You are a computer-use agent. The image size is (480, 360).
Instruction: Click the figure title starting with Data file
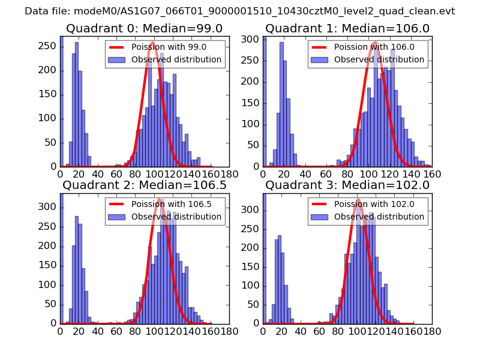pyautogui.click(x=240, y=11)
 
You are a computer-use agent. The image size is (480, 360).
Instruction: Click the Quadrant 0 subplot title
pyautogui.click(x=145, y=28)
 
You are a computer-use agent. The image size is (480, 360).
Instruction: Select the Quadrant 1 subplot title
pyautogui.click(x=347, y=28)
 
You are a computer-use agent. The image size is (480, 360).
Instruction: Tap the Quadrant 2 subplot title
pyautogui.click(x=145, y=185)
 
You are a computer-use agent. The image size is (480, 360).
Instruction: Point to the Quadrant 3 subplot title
pyautogui.click(x=347, y=185)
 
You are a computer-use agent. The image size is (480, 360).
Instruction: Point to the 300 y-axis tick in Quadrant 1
pyautogui.click(x=252, y=39)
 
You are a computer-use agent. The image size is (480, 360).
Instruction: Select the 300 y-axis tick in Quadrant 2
pyautogui.click(x=49, y=207)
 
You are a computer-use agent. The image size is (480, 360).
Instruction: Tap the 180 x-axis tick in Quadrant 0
pyautogui.click(x=229, y=174)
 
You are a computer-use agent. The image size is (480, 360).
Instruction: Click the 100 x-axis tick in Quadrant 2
pyautogui.click(x=154, y=331)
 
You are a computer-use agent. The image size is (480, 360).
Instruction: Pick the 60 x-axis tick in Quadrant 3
pyautogui.click(x=319, y=331)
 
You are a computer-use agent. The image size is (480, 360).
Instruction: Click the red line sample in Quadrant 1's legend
pyautogui.click(x=320, y=47)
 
